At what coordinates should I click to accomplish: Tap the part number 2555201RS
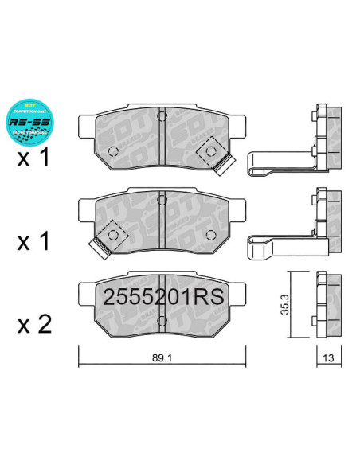pyautogui.click(x=162, y=298)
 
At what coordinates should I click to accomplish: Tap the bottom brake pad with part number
pyautogui.click(x=158, y=307)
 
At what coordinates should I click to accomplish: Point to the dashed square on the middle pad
pyautogui.click(x=112, y=236)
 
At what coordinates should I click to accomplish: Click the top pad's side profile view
pyautogui.click(x=326, y=139)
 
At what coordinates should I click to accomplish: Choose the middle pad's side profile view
pyautogui.click(x=326, y=222)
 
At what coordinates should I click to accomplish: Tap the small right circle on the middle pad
pyautogui.click(x=211, y=233)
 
